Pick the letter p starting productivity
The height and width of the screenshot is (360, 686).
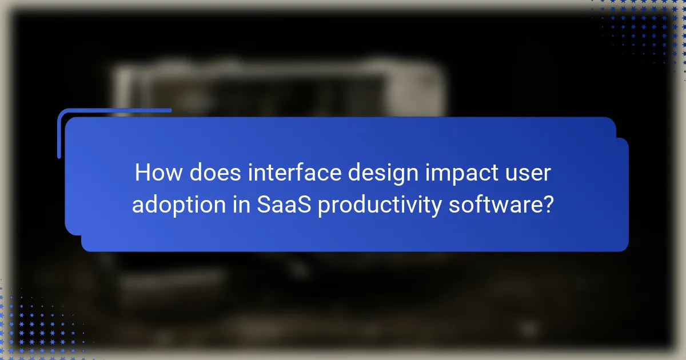(x=324, y=205)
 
